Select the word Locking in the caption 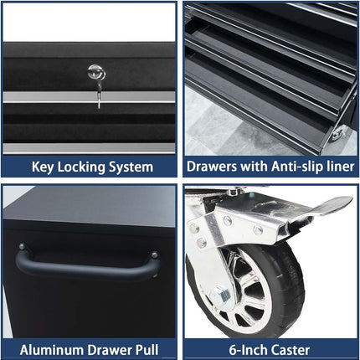[81, 167]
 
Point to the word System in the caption [131, 167]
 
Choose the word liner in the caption [341, 167]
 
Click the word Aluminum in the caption [52, 350]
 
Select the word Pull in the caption [147, 350]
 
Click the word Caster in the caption [291, 350]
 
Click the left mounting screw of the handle [22, 247]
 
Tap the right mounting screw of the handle [154, 255]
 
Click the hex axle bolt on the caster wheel [222, 295]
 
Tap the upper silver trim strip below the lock [89, 97]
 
